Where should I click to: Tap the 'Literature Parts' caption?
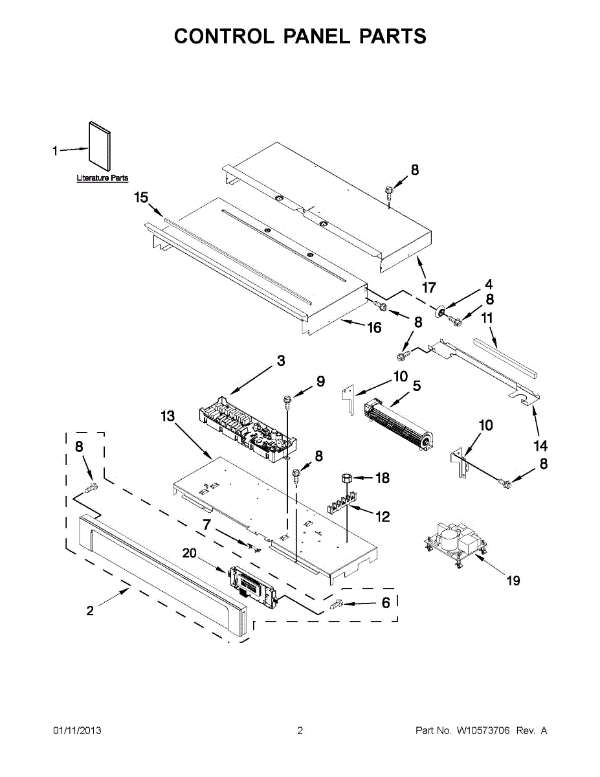[102, 178]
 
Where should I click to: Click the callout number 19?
[513, 581]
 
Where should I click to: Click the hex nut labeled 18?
[346, 479]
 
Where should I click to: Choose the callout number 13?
[168, 416]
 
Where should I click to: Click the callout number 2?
[90, 610]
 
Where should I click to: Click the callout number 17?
[428, 287]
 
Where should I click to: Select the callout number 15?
[141, 197]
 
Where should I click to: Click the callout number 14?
[540, 445]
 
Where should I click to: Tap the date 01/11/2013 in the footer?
[77, 731]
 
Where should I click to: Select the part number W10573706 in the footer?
[483, 731]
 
